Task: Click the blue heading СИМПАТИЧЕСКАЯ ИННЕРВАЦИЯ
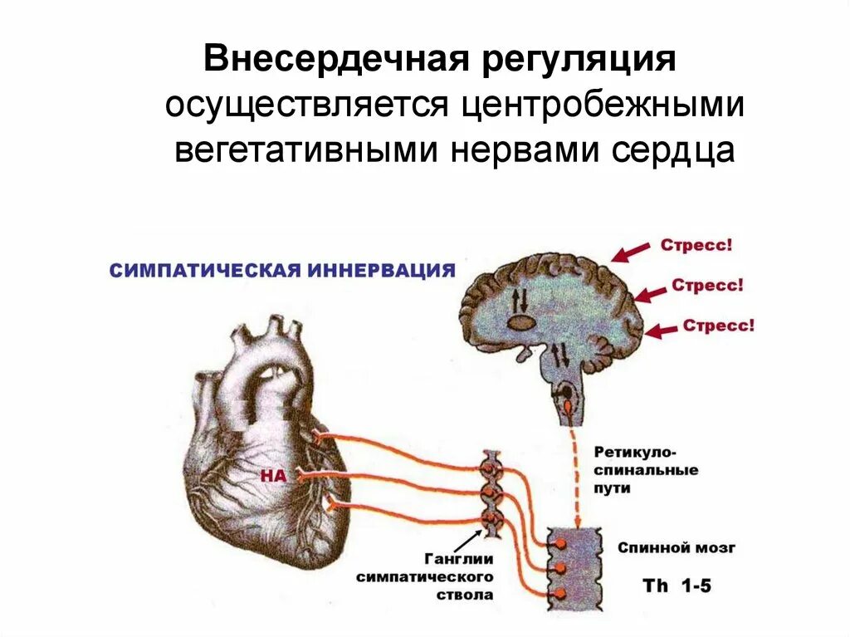pyautogui.click(x=283, y=271)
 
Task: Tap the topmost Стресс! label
pyautogui.click(x=696, y=246)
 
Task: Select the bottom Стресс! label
pyautogui.click(x=718, y=325)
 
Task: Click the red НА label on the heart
pyautogui.click(x=273, y=476)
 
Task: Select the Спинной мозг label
pyautogui.click(x=677, y=548)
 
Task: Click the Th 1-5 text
pyautogui.click(x=677, y=585)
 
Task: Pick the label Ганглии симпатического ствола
pyautogui.click(x=424, y=576)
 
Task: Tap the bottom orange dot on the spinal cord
pyautogui.click(x=560, y=594)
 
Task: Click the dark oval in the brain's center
pyautogui.click(x=520, y=321)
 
